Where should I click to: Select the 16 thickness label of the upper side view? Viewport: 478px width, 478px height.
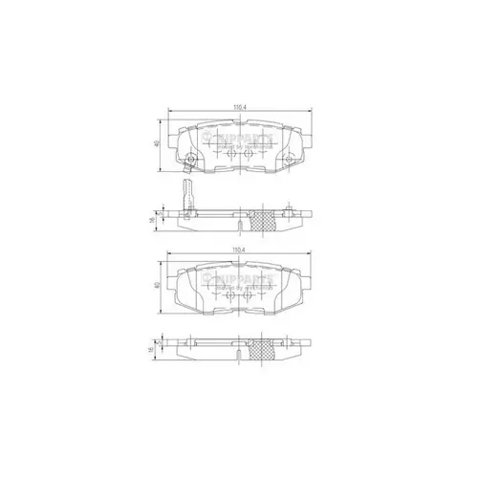(x=153, y=220)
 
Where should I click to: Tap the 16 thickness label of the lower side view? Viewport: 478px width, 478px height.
(x=153, y=350)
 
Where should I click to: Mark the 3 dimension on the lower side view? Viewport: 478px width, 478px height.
(x=162, y=345)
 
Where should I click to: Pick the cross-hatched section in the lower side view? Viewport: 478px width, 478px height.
(x=259, y=349)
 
